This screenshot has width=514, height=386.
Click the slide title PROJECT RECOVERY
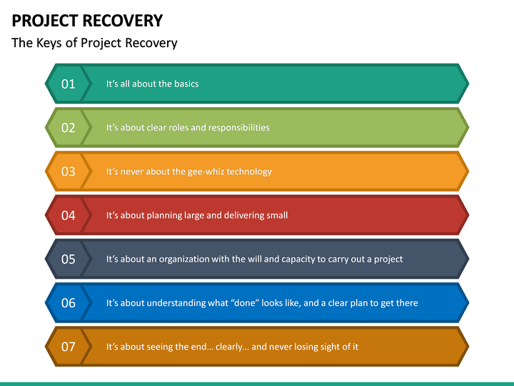click(87, 20)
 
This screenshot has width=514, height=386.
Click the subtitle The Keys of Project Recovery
click(94, 43)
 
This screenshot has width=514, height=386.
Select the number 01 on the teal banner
click(68, 84)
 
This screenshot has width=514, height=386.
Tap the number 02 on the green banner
click(68, 128)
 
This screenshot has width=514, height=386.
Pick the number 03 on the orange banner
click(68, 172)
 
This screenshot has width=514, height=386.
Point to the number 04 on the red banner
click(68, 215)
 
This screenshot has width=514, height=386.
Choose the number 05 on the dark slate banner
click(68, 259)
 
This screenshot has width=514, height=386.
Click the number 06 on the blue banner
click(68, 303)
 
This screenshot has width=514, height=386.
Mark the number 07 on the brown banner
click(68, 347)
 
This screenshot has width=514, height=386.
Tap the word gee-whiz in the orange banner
click(206, 172)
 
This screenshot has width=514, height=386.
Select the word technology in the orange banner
click(249, 172)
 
